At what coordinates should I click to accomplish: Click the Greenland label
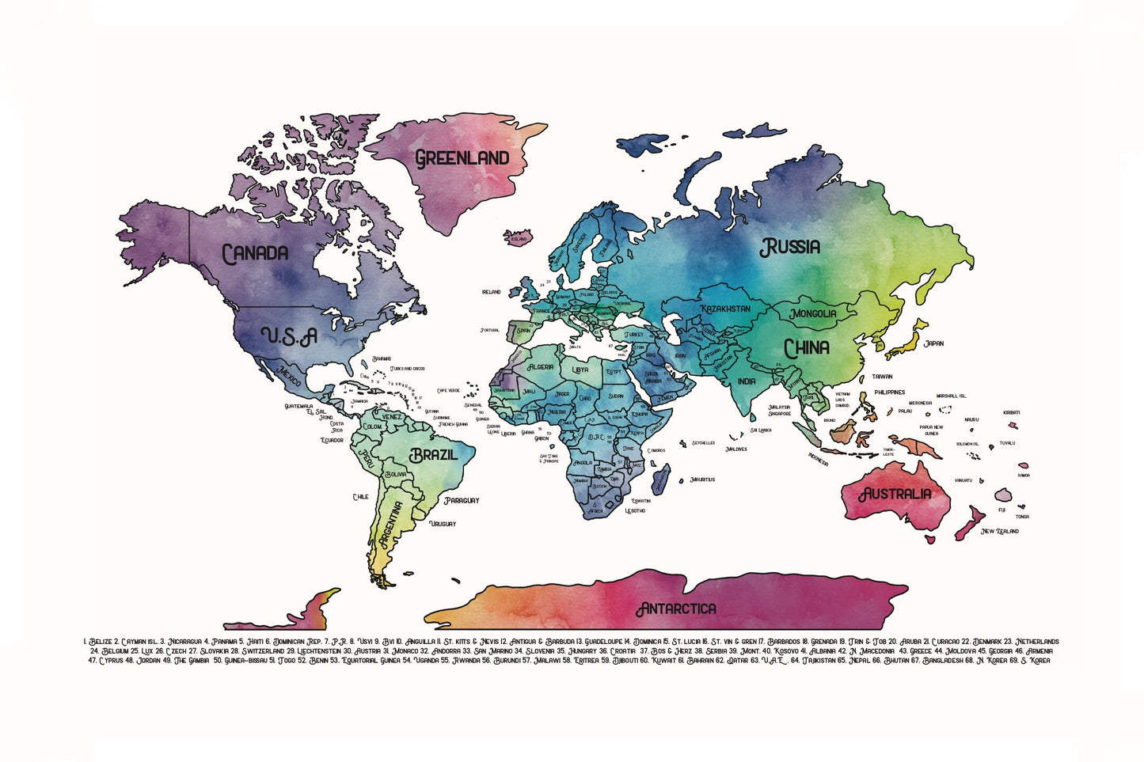(x=462, y=158)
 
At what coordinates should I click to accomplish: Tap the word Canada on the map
(x=255, y=254)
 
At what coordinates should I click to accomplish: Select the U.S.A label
(x=289, y=337)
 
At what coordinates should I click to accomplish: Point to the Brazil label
(x=433, y=456)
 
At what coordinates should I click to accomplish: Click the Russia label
(x=790, y=248)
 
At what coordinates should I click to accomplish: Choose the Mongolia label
(x=813, y=313)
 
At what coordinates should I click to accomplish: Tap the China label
(x=807, y=348)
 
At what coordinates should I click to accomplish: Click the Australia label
(x=895, y=495)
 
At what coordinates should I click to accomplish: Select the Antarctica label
(x=676, y=608)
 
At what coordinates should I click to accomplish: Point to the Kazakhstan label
(x=724, y=309)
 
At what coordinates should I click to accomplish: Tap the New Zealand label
(x=1000, y=531)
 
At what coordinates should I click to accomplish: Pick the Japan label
(x=933, y=343)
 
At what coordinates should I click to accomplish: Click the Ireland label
(x=491, y=292)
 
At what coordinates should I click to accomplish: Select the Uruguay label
(x=443, y=524)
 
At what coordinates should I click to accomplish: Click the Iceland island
(x=519, y=237)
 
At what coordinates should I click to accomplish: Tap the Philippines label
(x=889, y=392)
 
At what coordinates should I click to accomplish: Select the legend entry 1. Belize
(x=97, y=642)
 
